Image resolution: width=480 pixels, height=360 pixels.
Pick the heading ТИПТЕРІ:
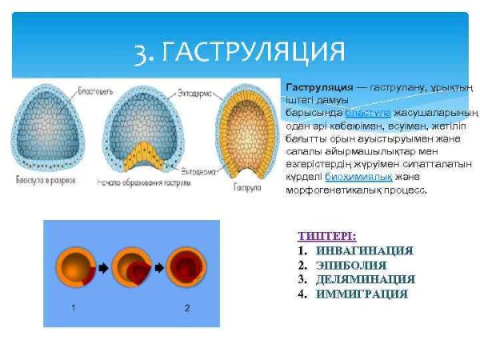(326, 236)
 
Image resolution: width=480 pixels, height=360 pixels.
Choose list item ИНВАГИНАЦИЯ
(364, 250)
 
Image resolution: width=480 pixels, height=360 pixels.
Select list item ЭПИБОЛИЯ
(351, 265)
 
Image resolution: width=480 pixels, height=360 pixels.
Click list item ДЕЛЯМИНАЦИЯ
(365, 279)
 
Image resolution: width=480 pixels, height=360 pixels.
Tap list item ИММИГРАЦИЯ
(362, 294)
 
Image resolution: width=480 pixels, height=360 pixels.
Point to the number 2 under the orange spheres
(186, 307)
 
